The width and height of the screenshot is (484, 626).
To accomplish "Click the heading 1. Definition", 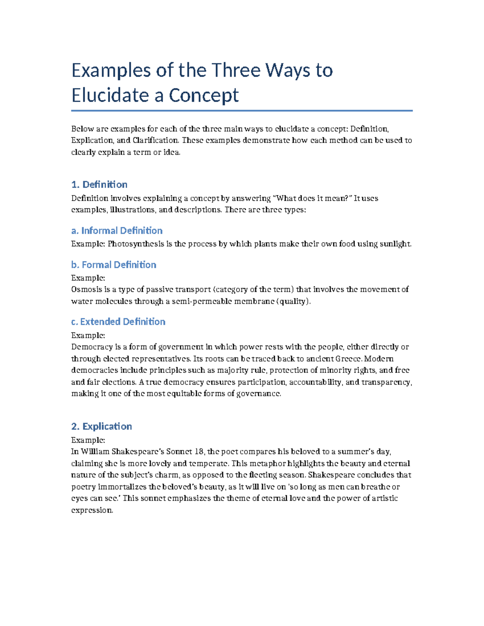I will point(99,185).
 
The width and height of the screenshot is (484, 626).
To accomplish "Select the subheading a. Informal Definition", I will point(117,231).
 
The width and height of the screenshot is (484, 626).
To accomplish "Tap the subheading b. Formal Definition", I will point(113,265).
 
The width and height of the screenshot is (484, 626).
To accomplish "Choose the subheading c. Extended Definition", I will point(118,322).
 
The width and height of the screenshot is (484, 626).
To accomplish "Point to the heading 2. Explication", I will point(101,426).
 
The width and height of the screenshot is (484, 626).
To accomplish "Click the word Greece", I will point(346,359).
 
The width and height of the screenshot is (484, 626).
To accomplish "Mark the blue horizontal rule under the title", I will point(242,110).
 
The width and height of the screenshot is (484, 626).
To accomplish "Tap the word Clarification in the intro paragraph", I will point(155,140).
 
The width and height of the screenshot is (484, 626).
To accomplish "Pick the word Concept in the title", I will point(204,96).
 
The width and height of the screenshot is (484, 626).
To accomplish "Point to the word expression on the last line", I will point(92,510).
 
